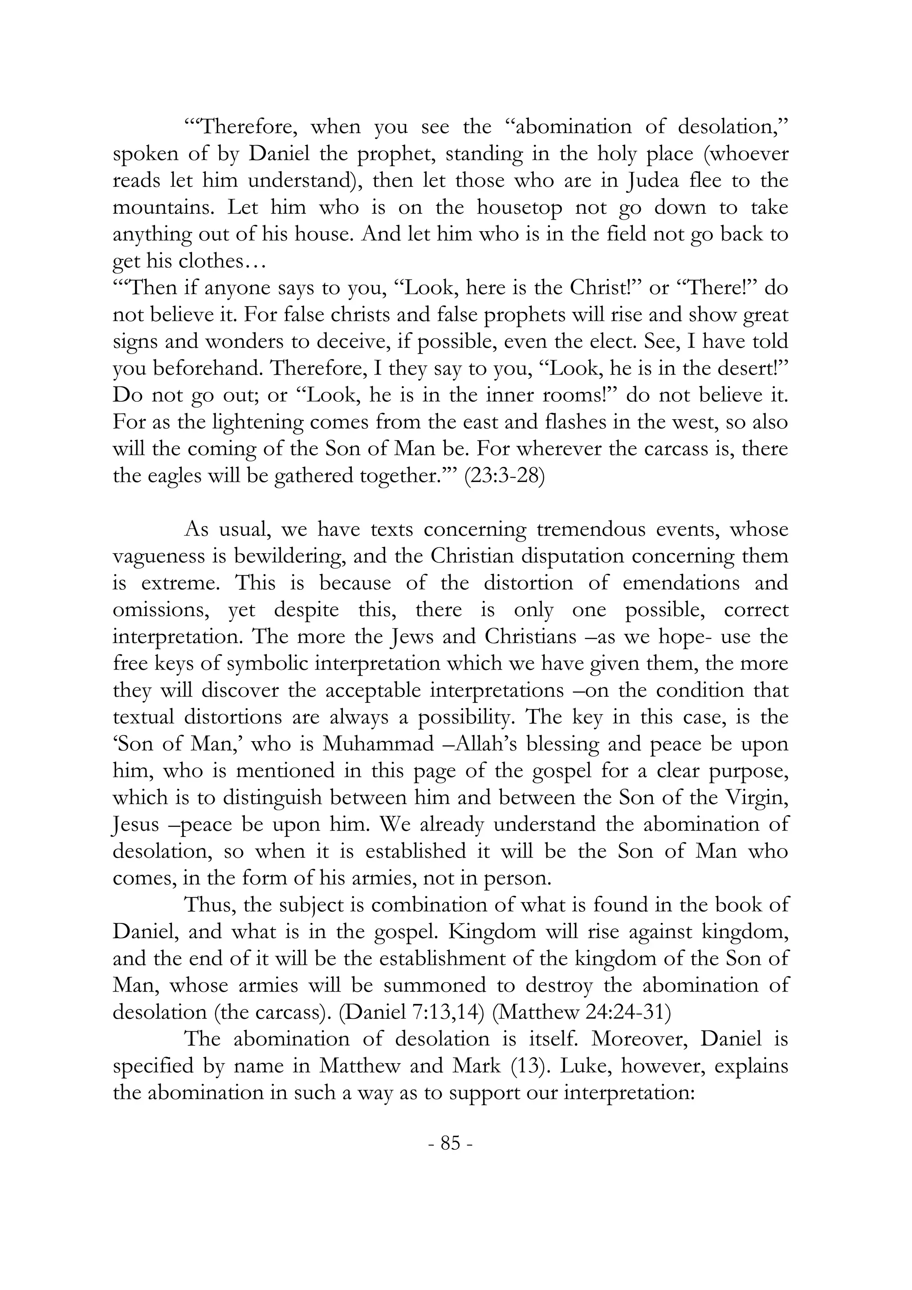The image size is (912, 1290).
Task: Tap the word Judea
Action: coord(654,181)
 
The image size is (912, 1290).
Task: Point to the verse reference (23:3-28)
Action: coord(504,476)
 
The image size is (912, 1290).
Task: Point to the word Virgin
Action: coord(761,798)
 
